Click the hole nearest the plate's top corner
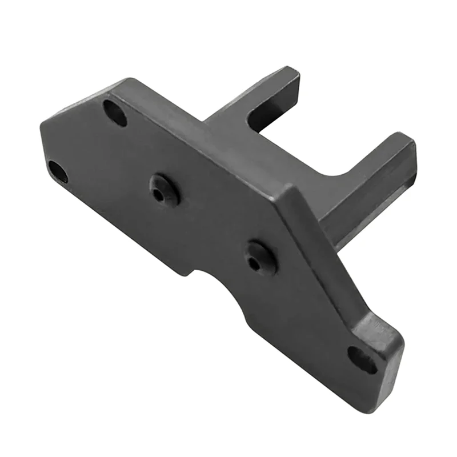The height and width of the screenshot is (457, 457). [115, 112]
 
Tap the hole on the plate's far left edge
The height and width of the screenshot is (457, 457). [58, 171]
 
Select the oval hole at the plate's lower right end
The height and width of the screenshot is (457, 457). [362, 359]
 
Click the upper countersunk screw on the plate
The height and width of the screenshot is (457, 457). [165, 190]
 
